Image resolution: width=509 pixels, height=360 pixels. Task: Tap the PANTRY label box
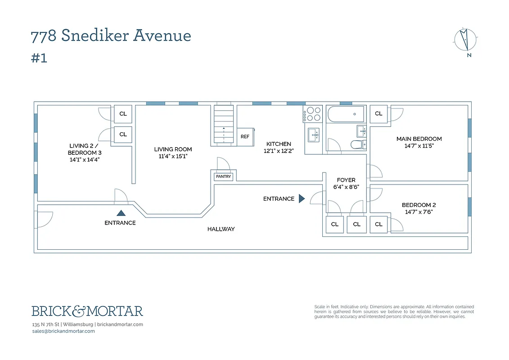click(x=223, y=176)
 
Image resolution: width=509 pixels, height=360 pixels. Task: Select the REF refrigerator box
click(x=245, y=136)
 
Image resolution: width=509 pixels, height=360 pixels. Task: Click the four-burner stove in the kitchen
click(x=312, y=114)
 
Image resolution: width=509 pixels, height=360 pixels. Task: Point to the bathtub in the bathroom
click(x=346, y=114)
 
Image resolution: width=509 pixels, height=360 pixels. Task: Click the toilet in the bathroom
click(x=358, y=144)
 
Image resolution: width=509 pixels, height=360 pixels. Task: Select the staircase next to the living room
click(x=224, y=125)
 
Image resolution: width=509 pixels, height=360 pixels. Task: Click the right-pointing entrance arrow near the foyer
click(x=302, y=198)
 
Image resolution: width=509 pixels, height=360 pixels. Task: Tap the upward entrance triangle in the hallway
click(x=120, y=213)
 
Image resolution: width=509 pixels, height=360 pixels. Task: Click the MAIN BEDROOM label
click(x=419, y=139)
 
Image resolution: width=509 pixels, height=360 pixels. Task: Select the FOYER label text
click(x=346, y=180)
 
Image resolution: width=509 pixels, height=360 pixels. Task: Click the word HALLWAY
click(x=221, y=229)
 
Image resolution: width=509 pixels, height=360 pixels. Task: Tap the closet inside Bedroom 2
click(x=378, y=224)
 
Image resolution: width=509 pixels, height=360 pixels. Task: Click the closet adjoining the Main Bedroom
click(x=378, y=113)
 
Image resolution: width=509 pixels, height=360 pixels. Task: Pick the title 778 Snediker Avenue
click(x=111, y=36)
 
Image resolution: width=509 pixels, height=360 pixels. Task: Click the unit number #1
click(x=39, y=58)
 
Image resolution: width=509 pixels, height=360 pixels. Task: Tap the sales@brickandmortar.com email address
click(x=63, y=331)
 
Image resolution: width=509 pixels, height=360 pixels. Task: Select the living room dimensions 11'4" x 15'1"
click(x=173, y=156)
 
